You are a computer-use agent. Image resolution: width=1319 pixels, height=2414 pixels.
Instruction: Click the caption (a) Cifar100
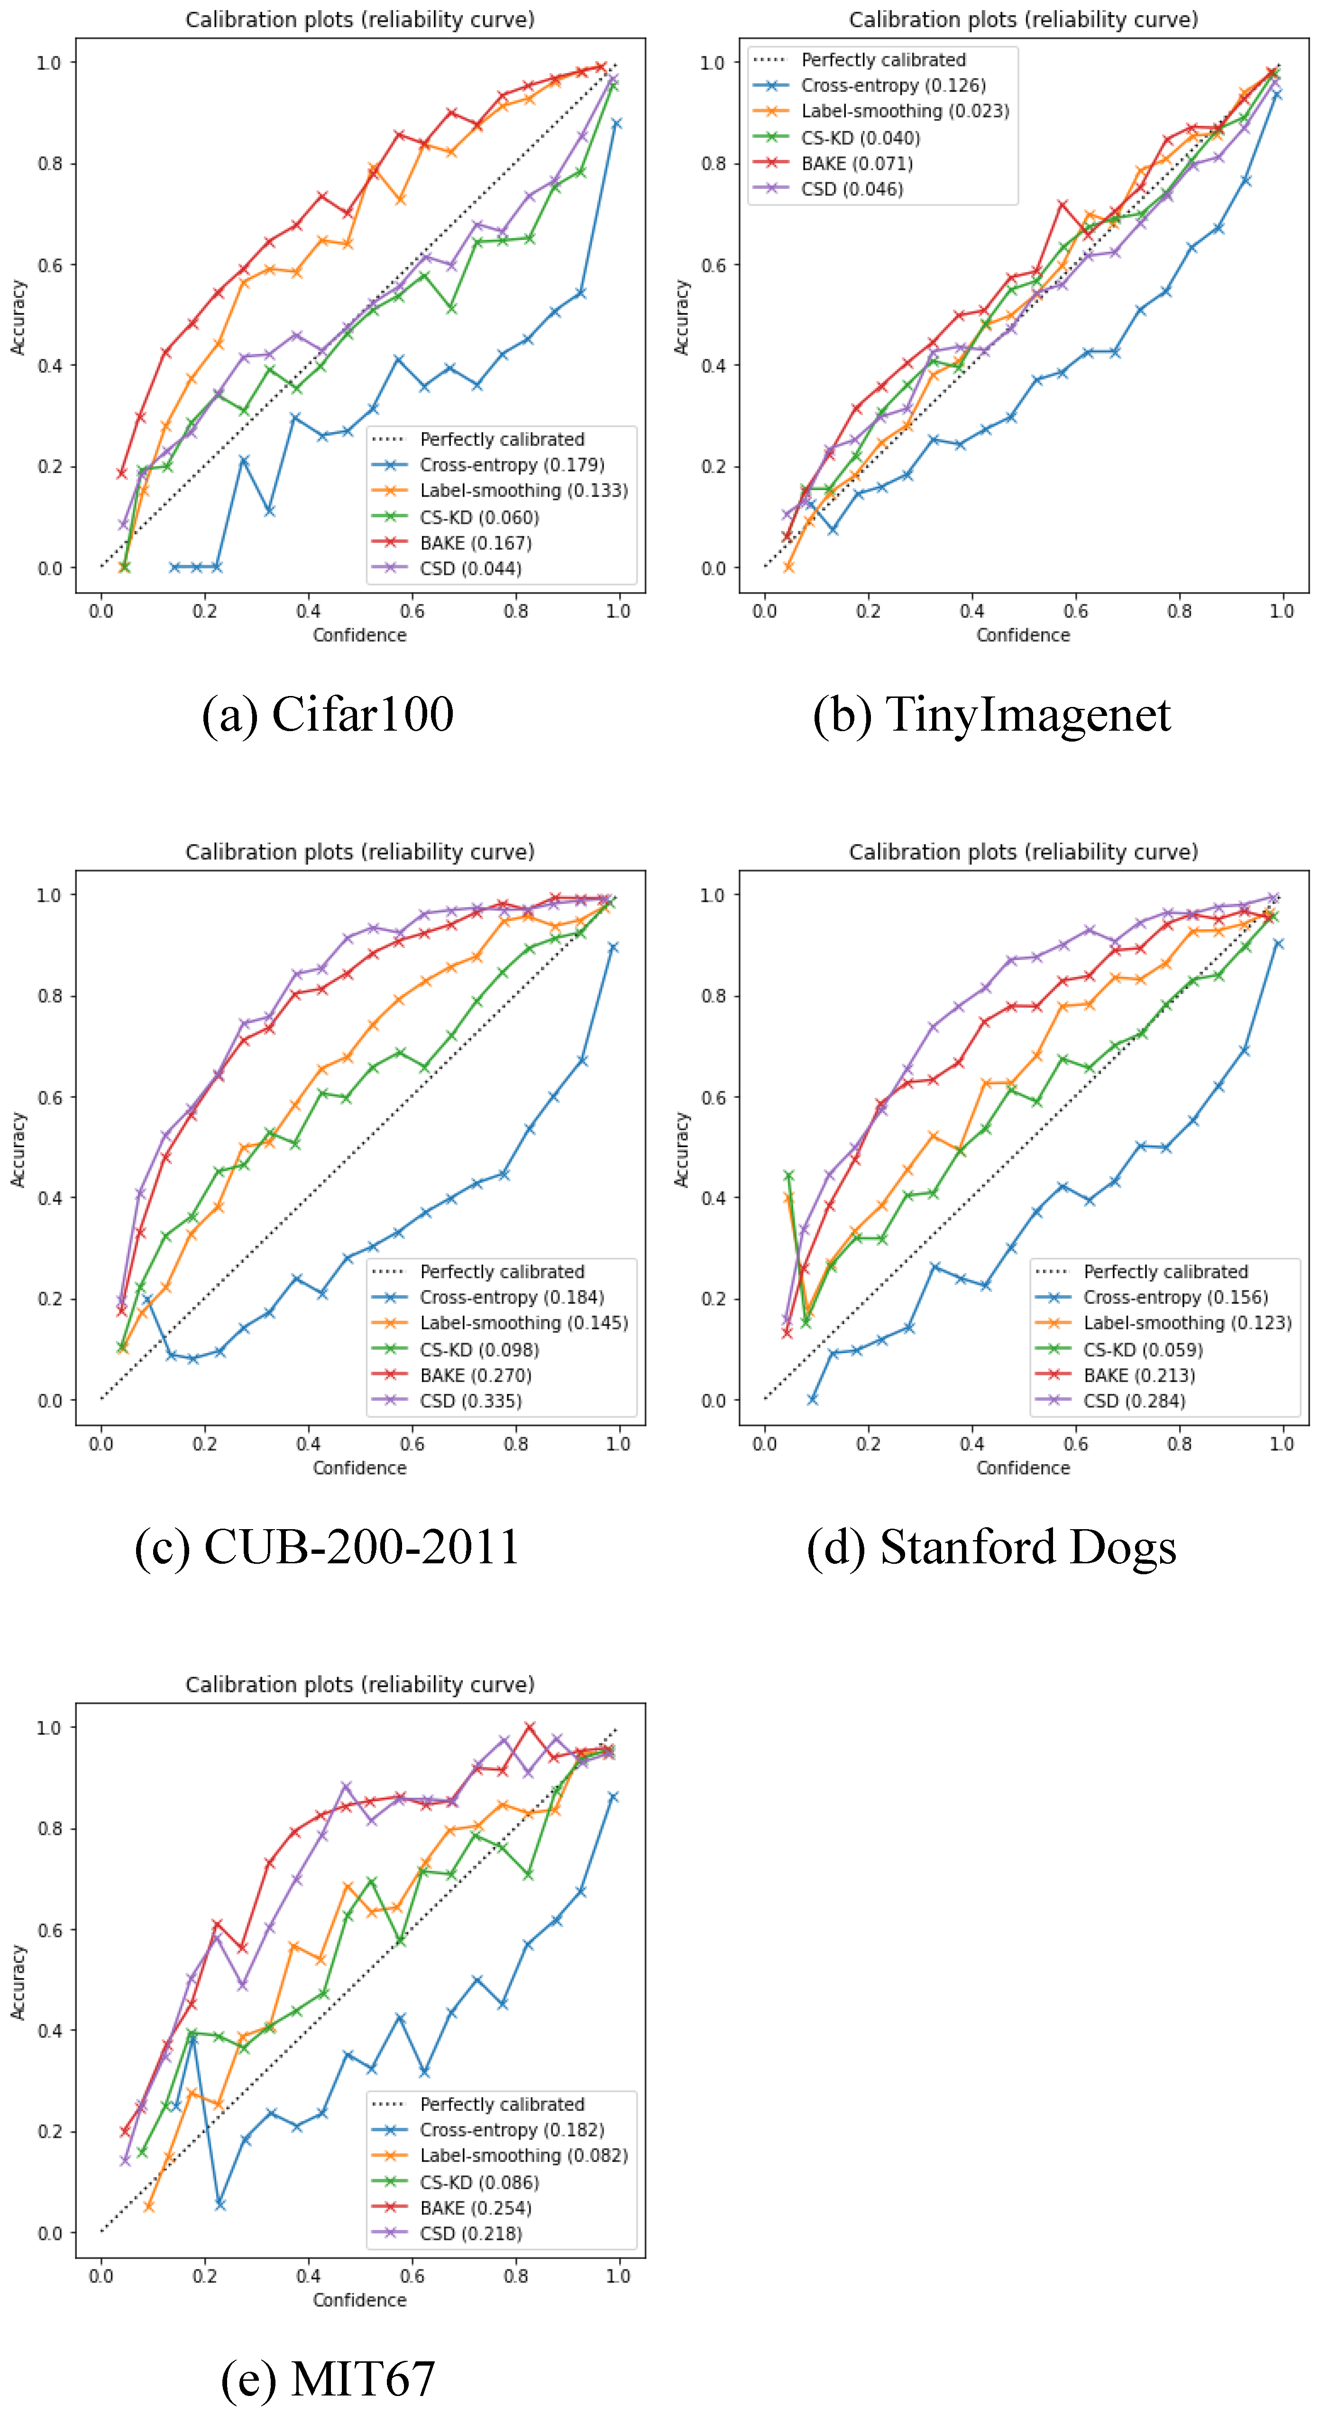(x=328, y=715)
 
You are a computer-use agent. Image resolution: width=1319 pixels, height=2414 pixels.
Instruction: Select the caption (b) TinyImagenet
(x=991, y=715)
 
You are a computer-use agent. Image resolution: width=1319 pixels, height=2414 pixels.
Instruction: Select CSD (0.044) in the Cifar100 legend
(x=470, y=569)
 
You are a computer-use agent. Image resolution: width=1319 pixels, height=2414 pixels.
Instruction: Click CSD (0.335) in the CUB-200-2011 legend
(x=470, y=1401)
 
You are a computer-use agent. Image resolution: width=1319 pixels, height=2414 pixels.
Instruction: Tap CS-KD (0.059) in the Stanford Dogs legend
(x=1143, y=1349)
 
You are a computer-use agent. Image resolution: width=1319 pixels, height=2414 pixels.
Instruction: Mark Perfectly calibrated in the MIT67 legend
(x=502, y=2104)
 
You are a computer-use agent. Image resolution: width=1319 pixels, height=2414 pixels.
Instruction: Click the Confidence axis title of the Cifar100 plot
(x=360, y=635)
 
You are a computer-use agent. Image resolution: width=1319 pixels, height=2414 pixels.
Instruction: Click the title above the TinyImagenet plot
(x=1023, y=19)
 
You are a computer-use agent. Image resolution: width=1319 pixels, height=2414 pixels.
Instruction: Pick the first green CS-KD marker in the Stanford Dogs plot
(x=789, y=1175)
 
